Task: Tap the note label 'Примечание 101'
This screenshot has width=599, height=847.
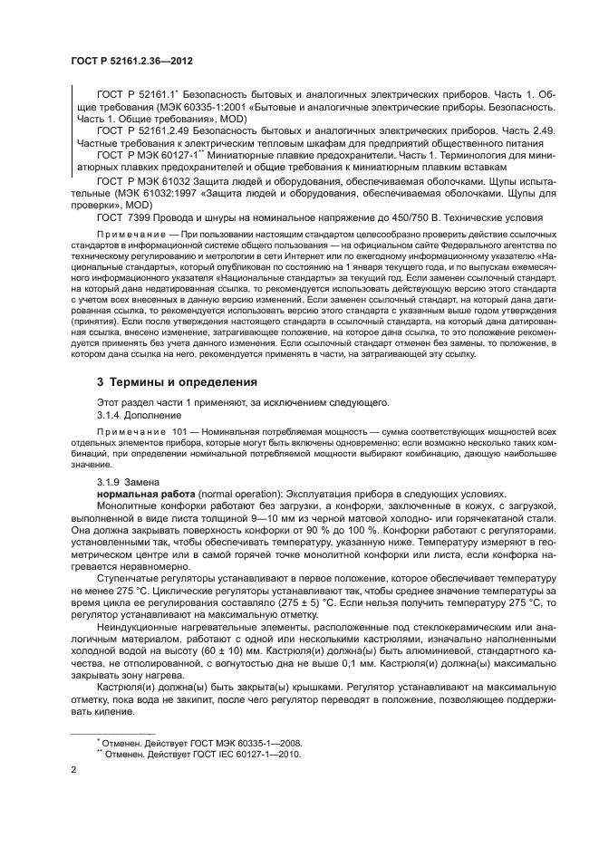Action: pos(133,433)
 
